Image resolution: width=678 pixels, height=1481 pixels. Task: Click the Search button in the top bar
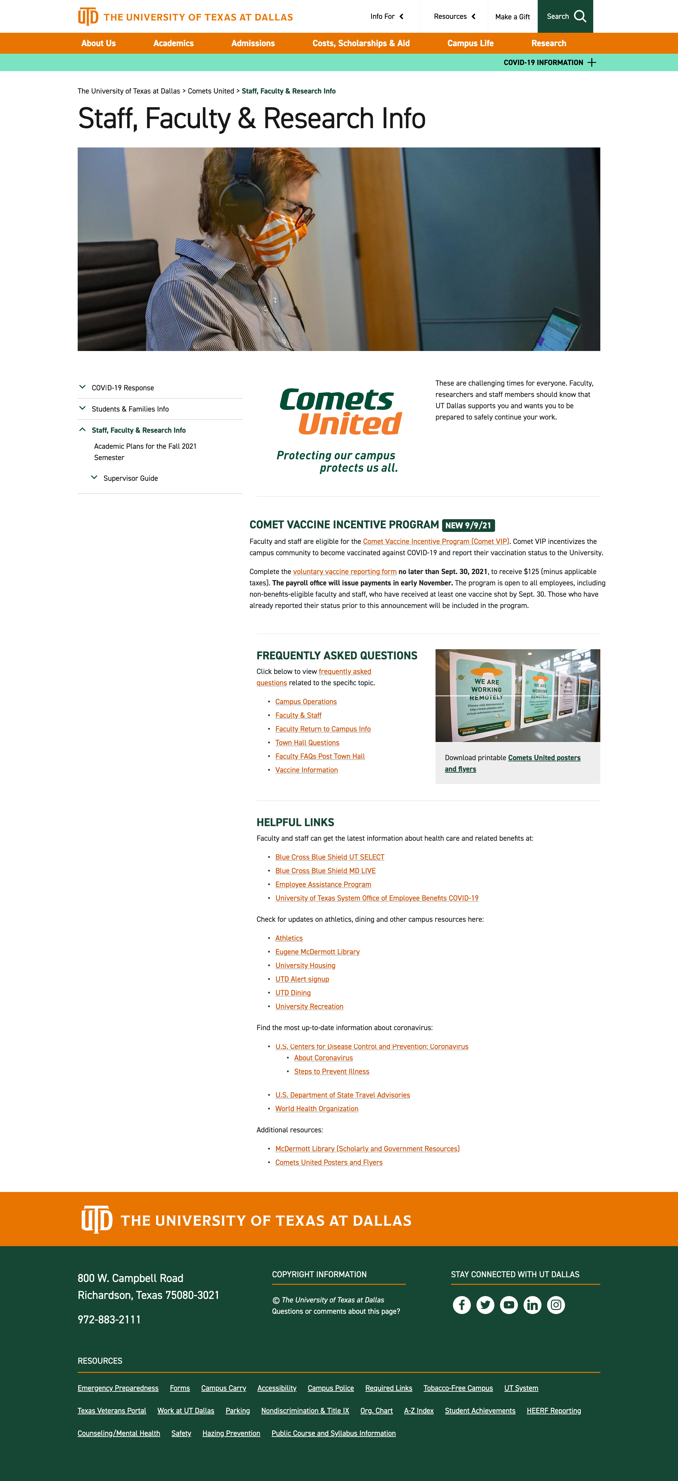(565, 16)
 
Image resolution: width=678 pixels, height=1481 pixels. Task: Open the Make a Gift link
(512, 17)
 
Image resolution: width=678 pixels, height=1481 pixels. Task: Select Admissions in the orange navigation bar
(253, 43)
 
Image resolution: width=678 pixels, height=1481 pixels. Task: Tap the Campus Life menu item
(470, 43)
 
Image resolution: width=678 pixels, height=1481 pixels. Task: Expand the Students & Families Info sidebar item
(130, 409)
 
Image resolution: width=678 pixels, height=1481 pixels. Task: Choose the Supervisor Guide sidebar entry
(130, 478)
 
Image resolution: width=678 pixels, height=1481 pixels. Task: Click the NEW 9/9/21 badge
(468, 525)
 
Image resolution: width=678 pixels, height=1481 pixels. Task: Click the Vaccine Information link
(306, 770)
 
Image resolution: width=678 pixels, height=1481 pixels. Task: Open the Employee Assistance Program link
(323, 884)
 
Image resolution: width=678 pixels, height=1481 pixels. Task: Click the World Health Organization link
(317, 1108)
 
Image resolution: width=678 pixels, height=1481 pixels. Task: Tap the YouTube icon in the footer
(508, 1305)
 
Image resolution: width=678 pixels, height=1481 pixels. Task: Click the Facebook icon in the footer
(461, 1305)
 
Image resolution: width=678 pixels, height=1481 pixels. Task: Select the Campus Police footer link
(330, 1388)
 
